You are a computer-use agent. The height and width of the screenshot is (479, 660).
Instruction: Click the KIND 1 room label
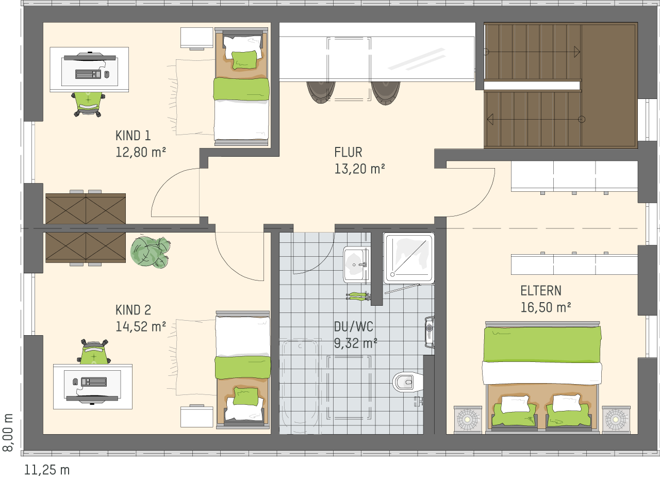pyautogui.click(x=133, y=136)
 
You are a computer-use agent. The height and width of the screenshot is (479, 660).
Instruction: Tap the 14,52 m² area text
pyautogui.click(x=141, y=327)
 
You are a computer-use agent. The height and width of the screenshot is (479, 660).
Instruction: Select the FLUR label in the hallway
pyautogui.click(x=348, y=152)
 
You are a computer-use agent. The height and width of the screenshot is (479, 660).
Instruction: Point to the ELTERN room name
pyautogui.click(x=541, y=291)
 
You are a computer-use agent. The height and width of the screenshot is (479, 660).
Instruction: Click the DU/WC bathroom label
pyautogui.click(x=353, y=327)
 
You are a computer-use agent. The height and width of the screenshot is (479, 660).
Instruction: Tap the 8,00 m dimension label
pyautogui.click(x=8, y=433)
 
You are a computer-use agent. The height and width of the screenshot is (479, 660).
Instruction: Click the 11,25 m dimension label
pyautogui.click(x=47, y=470)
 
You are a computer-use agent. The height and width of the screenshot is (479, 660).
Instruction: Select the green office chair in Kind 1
pyautogui.click(x=88, y=104)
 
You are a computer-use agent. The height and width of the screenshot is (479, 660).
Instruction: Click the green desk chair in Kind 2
pyautogui.click(x=94, y=352)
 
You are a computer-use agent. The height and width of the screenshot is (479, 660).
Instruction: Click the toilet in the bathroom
pyautogui.click(x=408, y=383)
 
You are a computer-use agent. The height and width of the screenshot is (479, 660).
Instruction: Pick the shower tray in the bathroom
pyautogui.click(x=409, y=258)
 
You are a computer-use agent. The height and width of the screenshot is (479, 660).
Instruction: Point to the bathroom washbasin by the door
pyautogui.click(x=356, y=265)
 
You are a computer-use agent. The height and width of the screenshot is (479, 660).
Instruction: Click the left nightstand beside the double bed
pyautogui.click(x=468, y=420)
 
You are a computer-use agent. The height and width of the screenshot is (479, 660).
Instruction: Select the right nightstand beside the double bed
pyautogui.click(x=616, y=420)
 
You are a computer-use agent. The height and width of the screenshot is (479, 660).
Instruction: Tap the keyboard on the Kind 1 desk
pyautogui.click(x=88, y=74)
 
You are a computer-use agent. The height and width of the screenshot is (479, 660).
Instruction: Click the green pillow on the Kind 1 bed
pyautogui.click(x=244, y=60)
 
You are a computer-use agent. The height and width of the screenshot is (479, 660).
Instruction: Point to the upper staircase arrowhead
pyautogui.click(x=577, y=52)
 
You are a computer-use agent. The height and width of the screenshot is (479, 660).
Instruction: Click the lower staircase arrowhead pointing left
pyautogui.click(x=490, y=120)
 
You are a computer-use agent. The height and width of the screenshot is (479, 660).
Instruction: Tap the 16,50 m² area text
pyautogui.click(x=546, y=307)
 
